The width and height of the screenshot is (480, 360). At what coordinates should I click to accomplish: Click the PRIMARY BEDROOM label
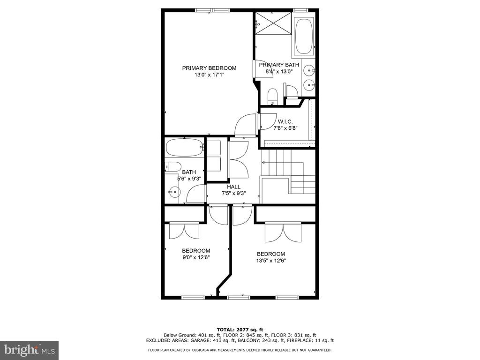click(x=209, y=68)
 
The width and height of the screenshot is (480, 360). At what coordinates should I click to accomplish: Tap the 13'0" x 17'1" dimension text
click(x=210, y=75)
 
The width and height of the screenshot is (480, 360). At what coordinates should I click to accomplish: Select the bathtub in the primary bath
click(x=304, y=36)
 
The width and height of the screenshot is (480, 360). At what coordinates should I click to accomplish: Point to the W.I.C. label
click(x=285, y=122)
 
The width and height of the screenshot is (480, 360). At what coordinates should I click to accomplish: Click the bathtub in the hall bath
click(x=185, y=148)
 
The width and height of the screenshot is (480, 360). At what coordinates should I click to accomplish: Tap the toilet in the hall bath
click(x=173, y=167)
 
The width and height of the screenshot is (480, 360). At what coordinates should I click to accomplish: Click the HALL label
click(x=233, y=187)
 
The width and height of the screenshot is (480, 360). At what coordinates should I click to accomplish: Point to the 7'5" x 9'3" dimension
click(x=234, y=194)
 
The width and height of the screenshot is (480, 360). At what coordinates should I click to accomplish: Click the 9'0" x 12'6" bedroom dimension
click(x=196, y=257)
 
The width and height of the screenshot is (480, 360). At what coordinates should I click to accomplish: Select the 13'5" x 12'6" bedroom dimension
click(x=271, y=261)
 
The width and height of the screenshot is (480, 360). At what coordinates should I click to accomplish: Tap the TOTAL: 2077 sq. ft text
click(x=240, y=330)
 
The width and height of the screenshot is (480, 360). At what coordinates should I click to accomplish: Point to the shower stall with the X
click(x=273, y=23)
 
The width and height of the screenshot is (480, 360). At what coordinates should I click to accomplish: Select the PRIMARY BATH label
click(x=279, y=65)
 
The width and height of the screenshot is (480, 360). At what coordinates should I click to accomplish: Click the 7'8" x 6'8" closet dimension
click(x=285, y=128)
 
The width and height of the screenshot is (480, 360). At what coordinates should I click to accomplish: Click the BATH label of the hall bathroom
click(x=189, y=172)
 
